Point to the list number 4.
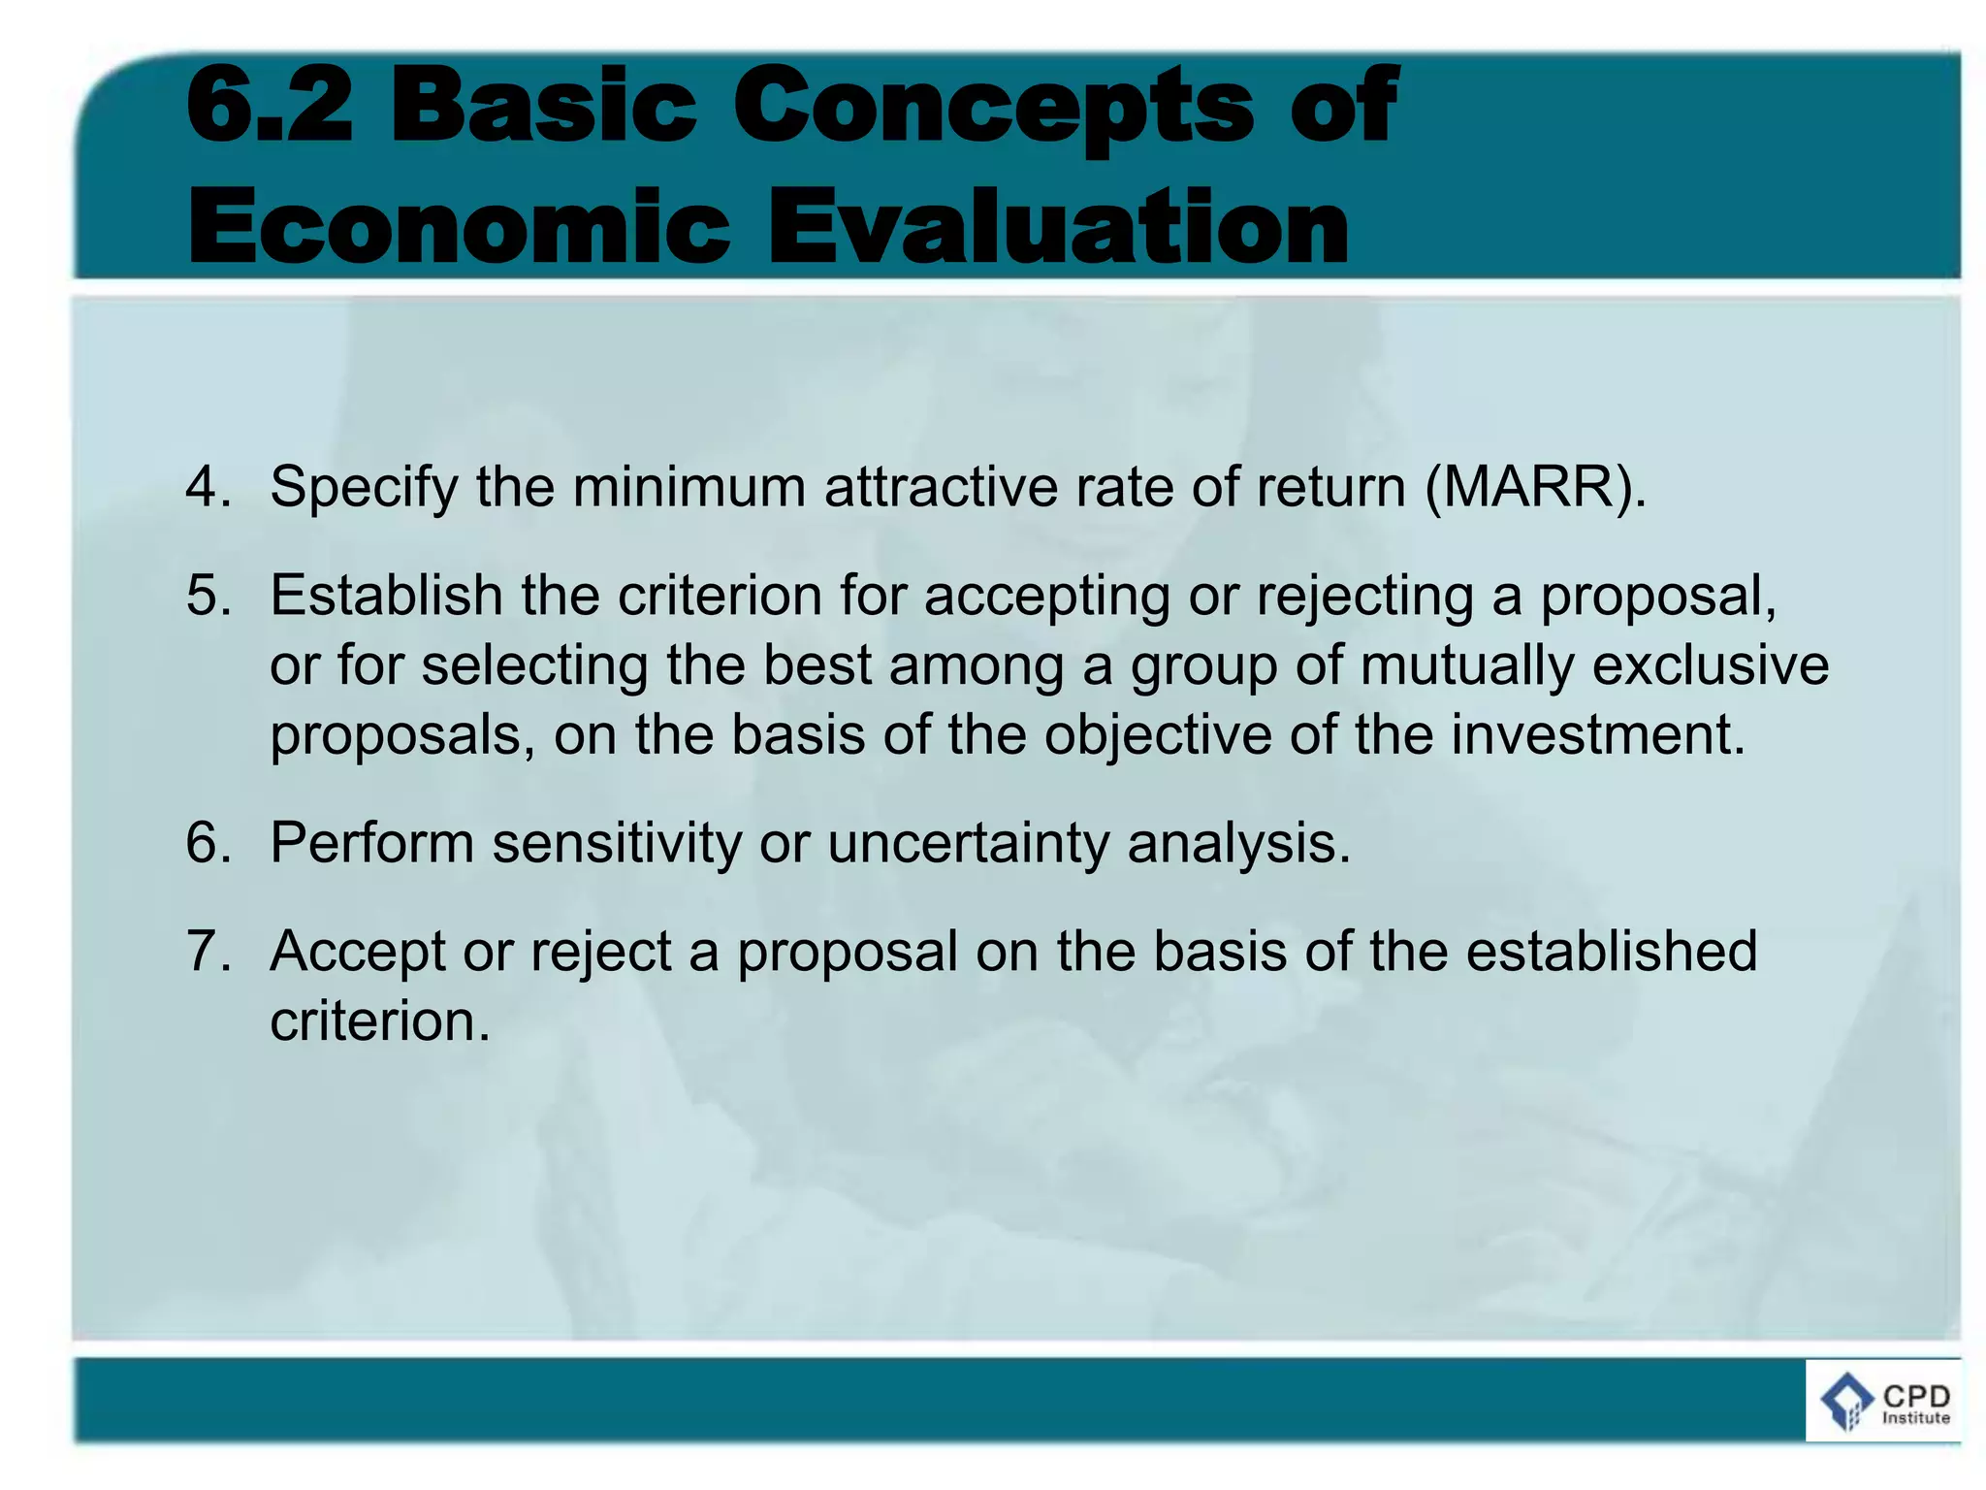[x=208, y=486]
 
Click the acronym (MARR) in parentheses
[x=1535, y=486]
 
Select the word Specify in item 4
[x=363, y=488]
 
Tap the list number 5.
[x=208, y=595]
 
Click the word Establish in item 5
[x=385, y=595]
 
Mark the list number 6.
[x=208, y=842]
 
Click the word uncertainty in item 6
[x=968, y=842]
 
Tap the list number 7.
[x=208, y=951]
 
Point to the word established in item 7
[x=1611, y=951]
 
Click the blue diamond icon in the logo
[x=1846, y=1401]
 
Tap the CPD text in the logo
[x=1915, y=1395]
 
